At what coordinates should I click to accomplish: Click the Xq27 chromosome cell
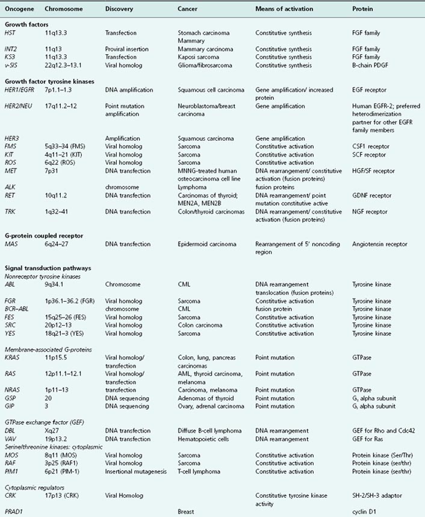(x=54, y=431)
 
